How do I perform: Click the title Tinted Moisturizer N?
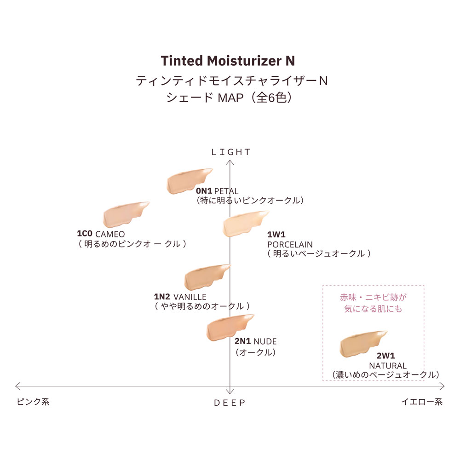point(228,61)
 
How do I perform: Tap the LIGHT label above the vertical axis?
point(230,152)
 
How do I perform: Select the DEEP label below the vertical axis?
point(230,403)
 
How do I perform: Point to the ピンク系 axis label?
point(33,402)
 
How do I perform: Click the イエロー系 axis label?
point(422,402)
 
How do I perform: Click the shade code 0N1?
point(204,191)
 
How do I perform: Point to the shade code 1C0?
point(85,234)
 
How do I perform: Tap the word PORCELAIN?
point(290,244)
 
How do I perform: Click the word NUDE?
point(265,341)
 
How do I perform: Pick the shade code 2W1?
point(386,356)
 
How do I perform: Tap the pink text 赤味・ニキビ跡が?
point(373,298)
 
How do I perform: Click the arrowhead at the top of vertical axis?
point(230,162)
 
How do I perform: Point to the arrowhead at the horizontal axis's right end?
point(443,386)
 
